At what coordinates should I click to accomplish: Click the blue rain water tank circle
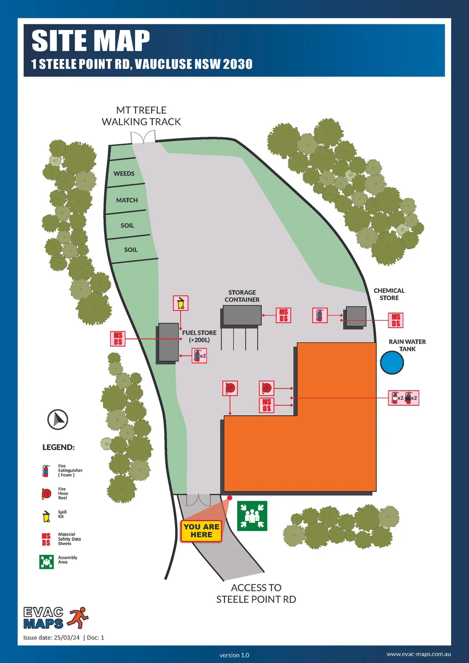point(392,363)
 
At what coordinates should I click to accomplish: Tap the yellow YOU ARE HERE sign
point(201,531)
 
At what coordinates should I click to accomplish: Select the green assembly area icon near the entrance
point(252,516)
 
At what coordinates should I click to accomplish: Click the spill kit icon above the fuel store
point(181,303)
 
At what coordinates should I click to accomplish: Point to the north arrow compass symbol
point(58,419)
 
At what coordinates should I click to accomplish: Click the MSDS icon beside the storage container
point(284,315)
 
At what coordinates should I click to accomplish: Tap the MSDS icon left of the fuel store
point(118,338)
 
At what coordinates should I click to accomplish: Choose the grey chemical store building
point(356,317)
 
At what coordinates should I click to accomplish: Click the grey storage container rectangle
point(242,315)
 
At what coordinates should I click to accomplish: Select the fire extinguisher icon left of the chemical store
point(320,315)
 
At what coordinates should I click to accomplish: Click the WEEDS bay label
point(124,174)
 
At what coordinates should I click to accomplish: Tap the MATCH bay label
point(127,200)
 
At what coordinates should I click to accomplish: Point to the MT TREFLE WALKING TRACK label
point(141,116)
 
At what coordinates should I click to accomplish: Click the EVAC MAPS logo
point(55,618)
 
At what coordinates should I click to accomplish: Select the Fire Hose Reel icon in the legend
point(46,493)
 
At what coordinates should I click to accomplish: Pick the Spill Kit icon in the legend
point(46,516)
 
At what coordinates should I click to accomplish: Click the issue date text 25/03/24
point(67,638)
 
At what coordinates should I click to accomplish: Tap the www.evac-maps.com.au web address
point(418,654)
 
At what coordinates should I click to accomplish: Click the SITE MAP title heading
point(91,41)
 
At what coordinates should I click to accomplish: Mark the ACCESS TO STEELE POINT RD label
point(256,593)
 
